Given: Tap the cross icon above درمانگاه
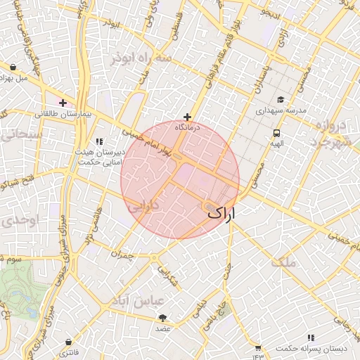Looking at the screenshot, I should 187,117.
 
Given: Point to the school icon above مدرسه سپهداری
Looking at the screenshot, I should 281,100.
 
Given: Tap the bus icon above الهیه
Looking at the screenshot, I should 276,132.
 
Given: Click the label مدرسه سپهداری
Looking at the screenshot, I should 281,110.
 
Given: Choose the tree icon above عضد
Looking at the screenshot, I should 163,318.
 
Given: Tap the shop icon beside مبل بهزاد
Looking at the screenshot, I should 13,67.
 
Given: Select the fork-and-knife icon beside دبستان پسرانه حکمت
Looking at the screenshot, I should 258,347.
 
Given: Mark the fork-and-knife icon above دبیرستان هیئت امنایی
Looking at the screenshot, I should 99,141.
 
